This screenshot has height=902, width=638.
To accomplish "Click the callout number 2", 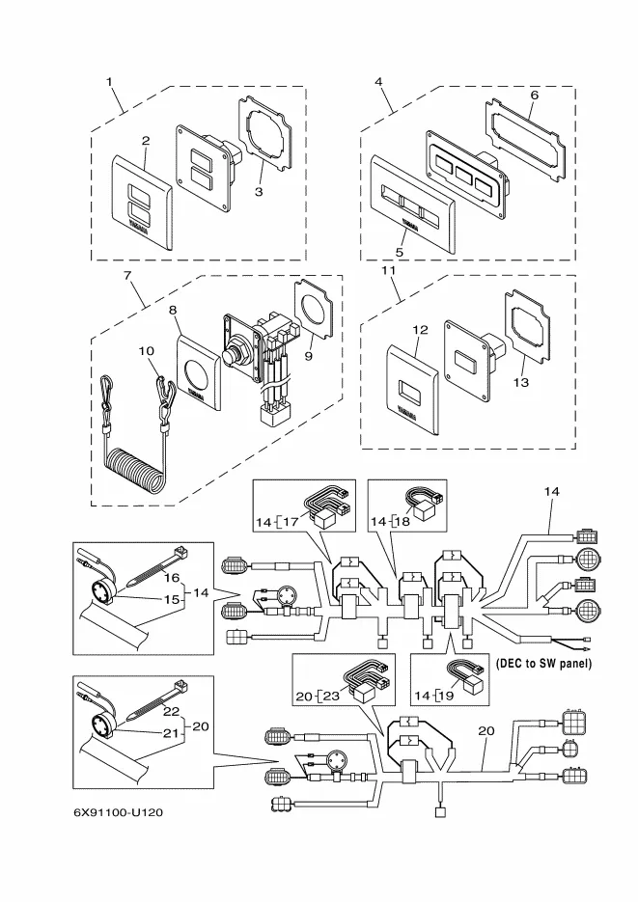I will (146, 141).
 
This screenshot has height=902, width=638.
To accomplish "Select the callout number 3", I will (259, 193).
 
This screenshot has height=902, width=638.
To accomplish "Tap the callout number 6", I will (534, 95).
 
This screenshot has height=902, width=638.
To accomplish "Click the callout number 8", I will (174, 311).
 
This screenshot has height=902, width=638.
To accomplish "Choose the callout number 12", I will (420, 330).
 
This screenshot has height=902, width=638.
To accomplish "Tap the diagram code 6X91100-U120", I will (118, 812).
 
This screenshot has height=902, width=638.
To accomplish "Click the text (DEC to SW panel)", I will (542, 664).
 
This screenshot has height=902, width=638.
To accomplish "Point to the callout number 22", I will (171, 711).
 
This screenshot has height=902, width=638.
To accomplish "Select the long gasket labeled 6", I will (525, 139).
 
